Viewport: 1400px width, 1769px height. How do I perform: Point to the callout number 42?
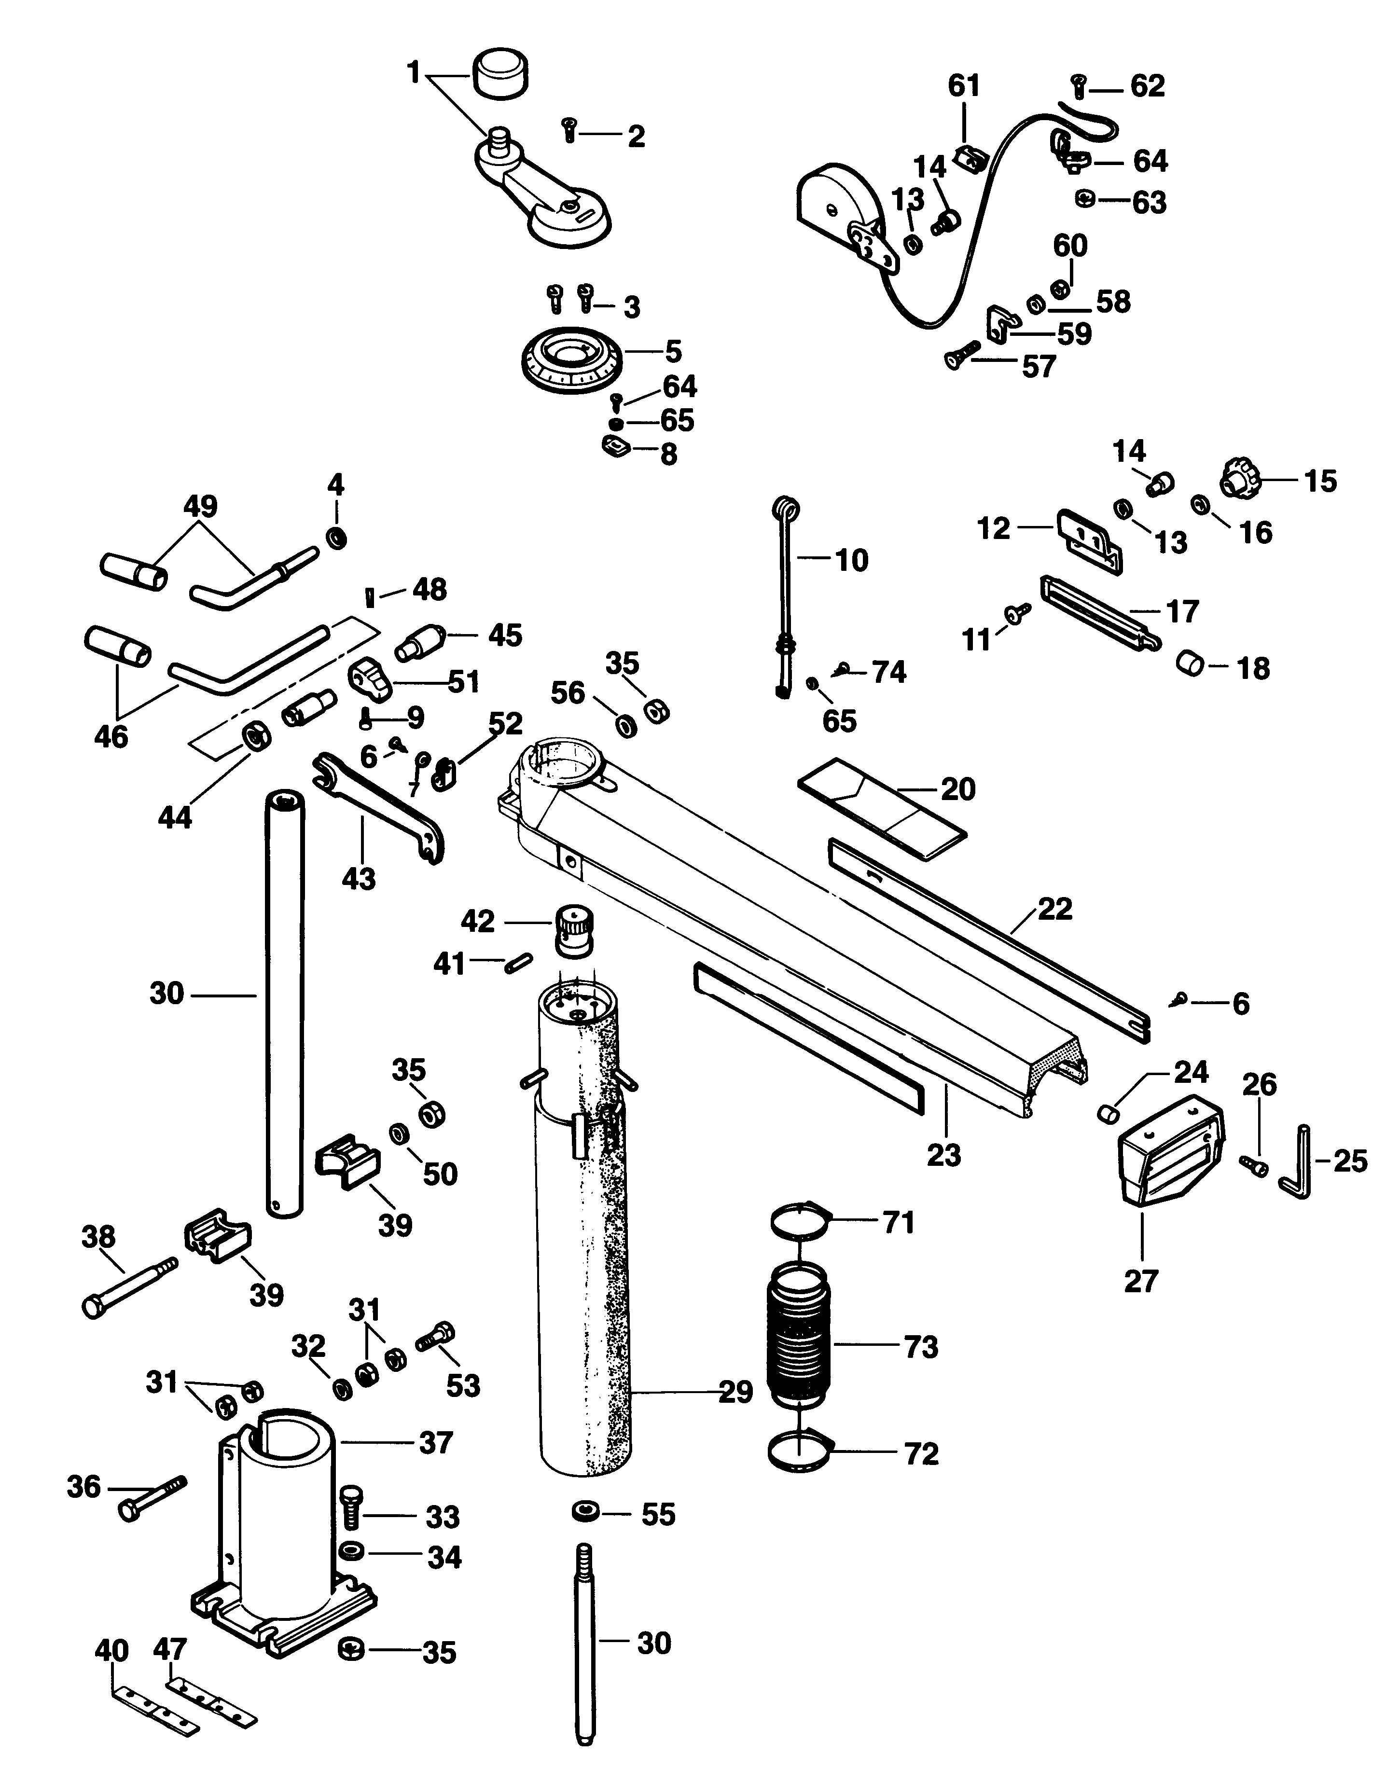click(x=477, y=922)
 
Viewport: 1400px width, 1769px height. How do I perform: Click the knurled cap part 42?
click(x=575, y=930)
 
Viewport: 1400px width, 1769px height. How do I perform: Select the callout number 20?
click(x=957, y=789)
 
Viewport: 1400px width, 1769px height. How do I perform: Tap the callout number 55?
click(x=658, y=1515)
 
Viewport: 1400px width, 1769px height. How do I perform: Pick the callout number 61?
click(x=964, y=85)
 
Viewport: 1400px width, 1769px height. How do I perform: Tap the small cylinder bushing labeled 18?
click(x=1191, y=663)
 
